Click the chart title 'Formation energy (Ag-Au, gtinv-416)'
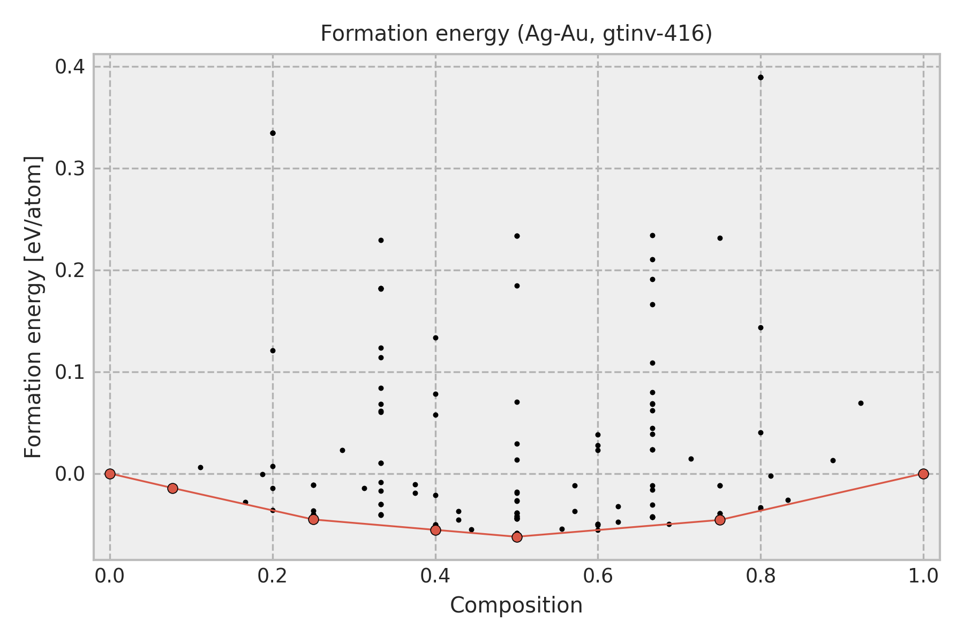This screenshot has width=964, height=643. click(516, 34)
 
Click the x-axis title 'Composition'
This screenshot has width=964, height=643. click(516, 605)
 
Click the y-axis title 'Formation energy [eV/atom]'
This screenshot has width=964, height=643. click(33, 307)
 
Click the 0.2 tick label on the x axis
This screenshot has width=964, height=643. click(273, 575)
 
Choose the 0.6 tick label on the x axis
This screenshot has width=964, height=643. click(598, 575)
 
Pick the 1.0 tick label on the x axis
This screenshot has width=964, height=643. click(923, 575)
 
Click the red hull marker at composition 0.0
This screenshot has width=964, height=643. click(110, 474)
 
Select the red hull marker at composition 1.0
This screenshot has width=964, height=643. click(923, 474)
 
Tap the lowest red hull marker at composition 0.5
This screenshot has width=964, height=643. click(517, 537)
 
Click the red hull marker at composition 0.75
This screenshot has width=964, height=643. click(720, 520)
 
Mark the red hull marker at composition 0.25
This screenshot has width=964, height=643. click(313, 519)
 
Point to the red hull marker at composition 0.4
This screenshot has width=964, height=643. click(435, 530)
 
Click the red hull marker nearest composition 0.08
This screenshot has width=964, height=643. click(172, 488)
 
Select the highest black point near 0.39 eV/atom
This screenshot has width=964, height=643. click(760, 77)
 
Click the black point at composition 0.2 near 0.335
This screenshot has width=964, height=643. click(273, 133)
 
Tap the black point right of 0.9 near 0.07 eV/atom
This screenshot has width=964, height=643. click(861, 403)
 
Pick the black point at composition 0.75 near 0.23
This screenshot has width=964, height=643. click(720, 238)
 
